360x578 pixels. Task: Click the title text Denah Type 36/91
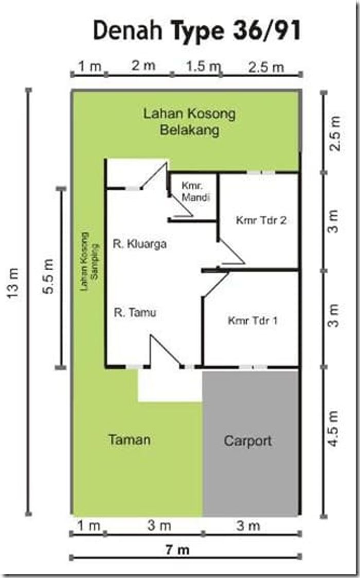point(196,31)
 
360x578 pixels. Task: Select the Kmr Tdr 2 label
point(261,220)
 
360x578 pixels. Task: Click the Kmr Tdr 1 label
point(253,321)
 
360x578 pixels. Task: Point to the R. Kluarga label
point(139,244)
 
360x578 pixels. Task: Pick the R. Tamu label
point(135,312)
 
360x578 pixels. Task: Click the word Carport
point(247,441)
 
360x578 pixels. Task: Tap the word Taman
point(130,440)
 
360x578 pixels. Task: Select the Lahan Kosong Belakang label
point(189,121)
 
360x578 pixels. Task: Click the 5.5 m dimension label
point(49,281)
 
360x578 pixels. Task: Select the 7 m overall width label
point(177,550)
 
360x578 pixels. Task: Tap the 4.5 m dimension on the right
point(335,428)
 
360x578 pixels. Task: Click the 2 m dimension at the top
point(143,65)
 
